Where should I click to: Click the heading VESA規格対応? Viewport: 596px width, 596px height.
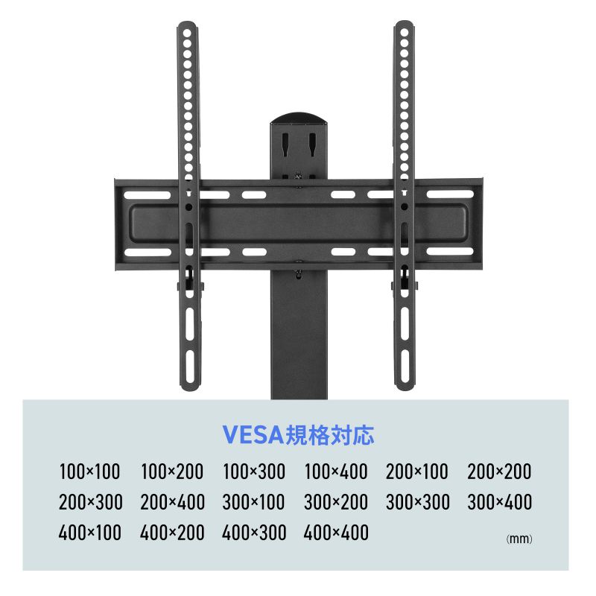pos(299,434)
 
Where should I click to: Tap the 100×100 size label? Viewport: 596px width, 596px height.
pos(89,472)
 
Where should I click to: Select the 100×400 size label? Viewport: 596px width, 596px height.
pos(336,472)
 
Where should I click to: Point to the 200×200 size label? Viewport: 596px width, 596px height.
pos(499,472)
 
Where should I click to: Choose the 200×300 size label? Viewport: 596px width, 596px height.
pos(90,501)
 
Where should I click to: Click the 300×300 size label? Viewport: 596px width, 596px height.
pos(418,501)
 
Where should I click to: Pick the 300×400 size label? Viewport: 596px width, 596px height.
pos(499,501)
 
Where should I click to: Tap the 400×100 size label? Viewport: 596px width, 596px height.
pos(89,532)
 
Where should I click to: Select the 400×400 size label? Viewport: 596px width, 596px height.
pos(336,532)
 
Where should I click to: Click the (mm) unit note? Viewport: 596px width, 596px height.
pos(519,539)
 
